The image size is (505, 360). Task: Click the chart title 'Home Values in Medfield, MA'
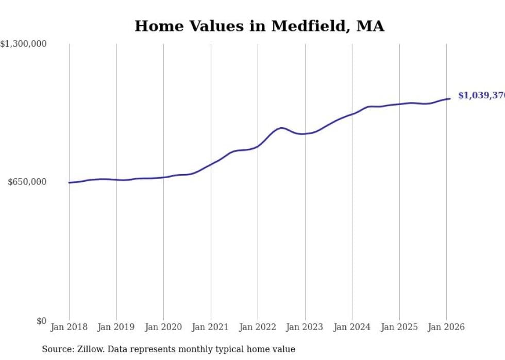click(x=259, y=26)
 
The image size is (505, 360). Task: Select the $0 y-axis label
click(x=41, y=321)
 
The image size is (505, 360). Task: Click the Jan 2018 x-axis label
click(x=69, y=327)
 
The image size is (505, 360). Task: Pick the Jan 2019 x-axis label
click(x=116, y=327)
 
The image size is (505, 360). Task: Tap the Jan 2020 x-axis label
click(x=163, y=327)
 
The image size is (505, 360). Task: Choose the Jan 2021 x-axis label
click(x=211, y=327)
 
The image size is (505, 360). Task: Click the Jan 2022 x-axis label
click(x=258, y=327)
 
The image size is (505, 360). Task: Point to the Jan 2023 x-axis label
click(x=305, y=327)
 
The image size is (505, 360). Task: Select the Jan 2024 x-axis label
click(x=352, y=327)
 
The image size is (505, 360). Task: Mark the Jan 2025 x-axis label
click(x=399, y=327)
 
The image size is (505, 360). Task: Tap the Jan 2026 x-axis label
click(x=446, y=327)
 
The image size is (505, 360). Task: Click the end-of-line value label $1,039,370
click(x=481, y=96)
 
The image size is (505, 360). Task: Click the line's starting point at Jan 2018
click(x=69, y=182)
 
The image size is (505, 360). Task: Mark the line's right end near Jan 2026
click(x=450, y=98)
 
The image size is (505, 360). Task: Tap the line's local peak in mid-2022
click(x=281, y=127)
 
